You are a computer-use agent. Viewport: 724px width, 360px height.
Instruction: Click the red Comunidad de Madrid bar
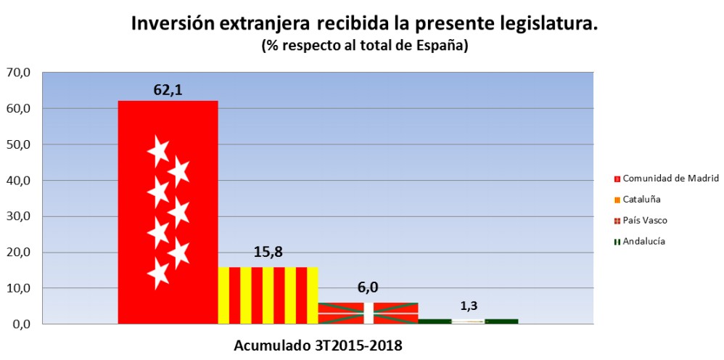click(168, 212)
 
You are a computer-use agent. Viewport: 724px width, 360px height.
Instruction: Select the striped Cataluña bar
click(268, 295)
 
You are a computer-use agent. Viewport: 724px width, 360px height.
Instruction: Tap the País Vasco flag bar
click(368, 313)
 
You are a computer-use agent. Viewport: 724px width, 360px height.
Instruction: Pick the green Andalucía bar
click(468, 321)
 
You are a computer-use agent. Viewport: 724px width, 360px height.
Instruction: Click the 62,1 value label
click(168, 90)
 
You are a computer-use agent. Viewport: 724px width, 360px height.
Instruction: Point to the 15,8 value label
click(268, 253)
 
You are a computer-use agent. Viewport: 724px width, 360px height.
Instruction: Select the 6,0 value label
click(368, 288)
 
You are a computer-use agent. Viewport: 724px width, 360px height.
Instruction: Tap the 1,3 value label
click(468, 306)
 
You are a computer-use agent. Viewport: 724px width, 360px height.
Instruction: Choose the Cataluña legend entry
click(641, 199)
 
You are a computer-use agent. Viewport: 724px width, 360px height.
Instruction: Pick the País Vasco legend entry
click(645, 220)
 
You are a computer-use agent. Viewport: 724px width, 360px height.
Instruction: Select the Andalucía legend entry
click(643, 241)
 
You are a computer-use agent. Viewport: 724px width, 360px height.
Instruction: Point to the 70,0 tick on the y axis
click(18, 73)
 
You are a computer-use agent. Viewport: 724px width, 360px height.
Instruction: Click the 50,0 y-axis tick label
click(18, 144)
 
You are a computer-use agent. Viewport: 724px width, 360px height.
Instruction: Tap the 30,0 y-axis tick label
click(18, 216)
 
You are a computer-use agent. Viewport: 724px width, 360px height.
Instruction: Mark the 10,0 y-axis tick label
click(18, 288)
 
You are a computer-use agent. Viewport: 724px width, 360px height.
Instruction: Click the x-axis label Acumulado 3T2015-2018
click(317, 345)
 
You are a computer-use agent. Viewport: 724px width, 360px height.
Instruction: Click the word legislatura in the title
click(547, 23)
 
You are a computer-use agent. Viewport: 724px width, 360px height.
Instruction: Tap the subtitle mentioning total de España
click(364, 45)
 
